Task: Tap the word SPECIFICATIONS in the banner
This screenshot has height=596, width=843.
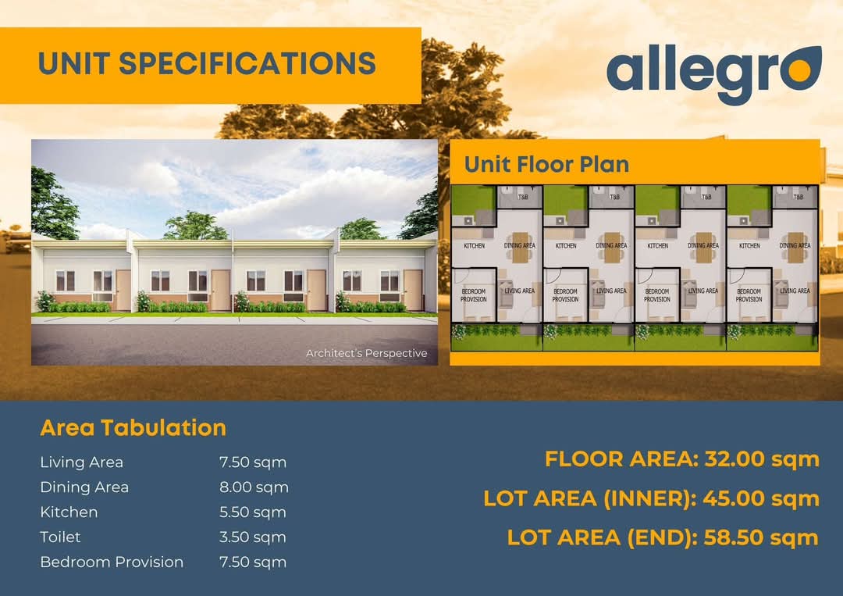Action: point(247,63)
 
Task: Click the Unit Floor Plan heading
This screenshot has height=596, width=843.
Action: point(546,164)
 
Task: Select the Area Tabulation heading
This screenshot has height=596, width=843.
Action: point(133,427)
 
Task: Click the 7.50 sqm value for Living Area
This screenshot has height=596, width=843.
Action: point(253,462)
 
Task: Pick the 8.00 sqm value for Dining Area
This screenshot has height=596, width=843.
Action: point(254,487)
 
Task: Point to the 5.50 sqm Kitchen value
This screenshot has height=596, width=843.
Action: point(253,512)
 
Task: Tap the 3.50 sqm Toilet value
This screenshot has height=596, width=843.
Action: point(253,537)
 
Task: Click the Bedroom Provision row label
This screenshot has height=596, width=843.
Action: point(112,562)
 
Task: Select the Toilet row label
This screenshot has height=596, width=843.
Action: point(60,537)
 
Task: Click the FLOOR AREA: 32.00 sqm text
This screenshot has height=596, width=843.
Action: point(681,459)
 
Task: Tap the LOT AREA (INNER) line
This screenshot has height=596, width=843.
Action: point(651,498)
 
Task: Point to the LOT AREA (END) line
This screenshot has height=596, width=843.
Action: point(663,537)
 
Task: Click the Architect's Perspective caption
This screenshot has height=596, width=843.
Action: point(366,353)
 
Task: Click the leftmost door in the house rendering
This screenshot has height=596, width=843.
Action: point(123,291)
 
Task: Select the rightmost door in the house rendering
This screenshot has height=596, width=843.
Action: point(413,291)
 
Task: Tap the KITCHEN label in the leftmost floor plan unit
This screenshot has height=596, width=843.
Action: point(475,246)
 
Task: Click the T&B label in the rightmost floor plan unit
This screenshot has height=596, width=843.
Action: point(799,197)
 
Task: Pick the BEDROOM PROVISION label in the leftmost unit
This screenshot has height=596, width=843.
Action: point(474,295)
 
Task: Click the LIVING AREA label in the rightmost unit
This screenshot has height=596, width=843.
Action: point(795,291)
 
